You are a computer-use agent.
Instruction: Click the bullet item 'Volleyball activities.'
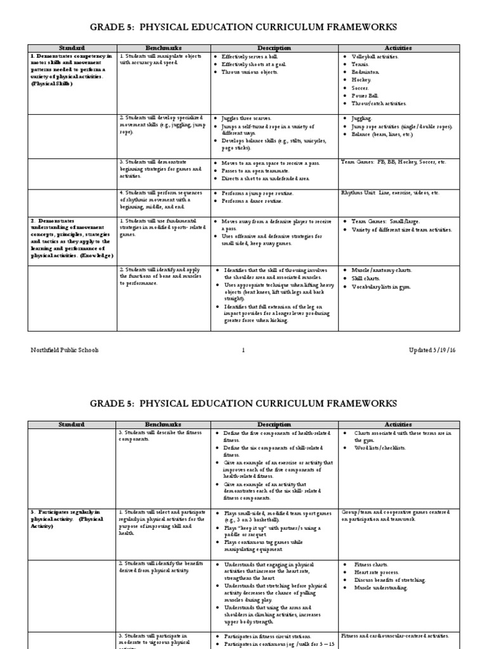(375, 56)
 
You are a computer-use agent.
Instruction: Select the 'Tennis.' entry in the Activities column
(361, 64)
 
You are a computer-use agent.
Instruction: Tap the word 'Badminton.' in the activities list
(366, 72)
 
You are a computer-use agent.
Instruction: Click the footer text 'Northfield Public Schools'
(63, 350)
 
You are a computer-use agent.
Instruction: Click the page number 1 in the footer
(243, 350)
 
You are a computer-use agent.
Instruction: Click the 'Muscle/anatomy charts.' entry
(382, 271)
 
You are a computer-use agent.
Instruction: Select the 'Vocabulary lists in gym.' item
(382, 286)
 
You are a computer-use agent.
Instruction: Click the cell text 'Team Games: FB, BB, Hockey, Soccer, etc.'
(393, 162)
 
